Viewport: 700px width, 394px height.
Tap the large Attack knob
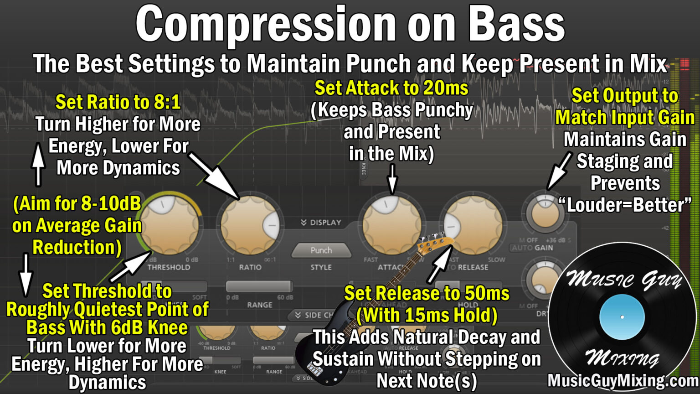pos(391,224)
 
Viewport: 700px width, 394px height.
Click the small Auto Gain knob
pos(545,214)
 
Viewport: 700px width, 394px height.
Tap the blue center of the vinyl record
pos(622,317)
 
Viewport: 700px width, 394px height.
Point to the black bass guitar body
pos(319,351)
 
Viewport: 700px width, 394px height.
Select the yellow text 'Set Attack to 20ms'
pos(391,88)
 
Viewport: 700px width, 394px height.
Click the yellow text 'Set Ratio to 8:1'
pos(118,102)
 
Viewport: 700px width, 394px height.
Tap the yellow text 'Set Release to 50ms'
pos(427,293)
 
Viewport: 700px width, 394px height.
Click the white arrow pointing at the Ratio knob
pos(214,176)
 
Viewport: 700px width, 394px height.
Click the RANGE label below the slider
pos(259,305)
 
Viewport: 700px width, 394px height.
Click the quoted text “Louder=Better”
pos(625,205)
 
